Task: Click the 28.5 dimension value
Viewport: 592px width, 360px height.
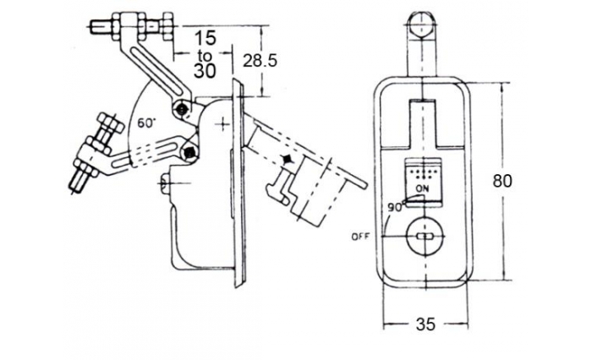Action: click(260, 60)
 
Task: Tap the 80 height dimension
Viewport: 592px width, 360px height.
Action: click(502, 181)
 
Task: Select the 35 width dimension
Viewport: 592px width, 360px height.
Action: click(425, 324)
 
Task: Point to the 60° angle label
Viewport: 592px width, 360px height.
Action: click(146, 123)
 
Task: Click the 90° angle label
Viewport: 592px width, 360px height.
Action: click(397, 207)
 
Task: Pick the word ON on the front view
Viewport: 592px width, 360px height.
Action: click(422, 188)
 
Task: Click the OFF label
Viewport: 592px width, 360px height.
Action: click(361, 237)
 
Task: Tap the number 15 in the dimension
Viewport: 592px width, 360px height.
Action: click(206, 38)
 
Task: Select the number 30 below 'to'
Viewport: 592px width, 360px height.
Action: click(205, 71)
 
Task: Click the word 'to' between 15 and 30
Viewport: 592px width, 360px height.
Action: click(205, 56)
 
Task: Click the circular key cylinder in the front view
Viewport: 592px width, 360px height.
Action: click(425, 237)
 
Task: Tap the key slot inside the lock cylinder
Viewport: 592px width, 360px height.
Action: click(425, 237)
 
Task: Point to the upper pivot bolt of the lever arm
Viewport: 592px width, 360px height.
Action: click(183, 109)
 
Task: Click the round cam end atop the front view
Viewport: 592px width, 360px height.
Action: click(423, 25)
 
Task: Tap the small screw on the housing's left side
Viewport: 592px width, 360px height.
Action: click(166, 183)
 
